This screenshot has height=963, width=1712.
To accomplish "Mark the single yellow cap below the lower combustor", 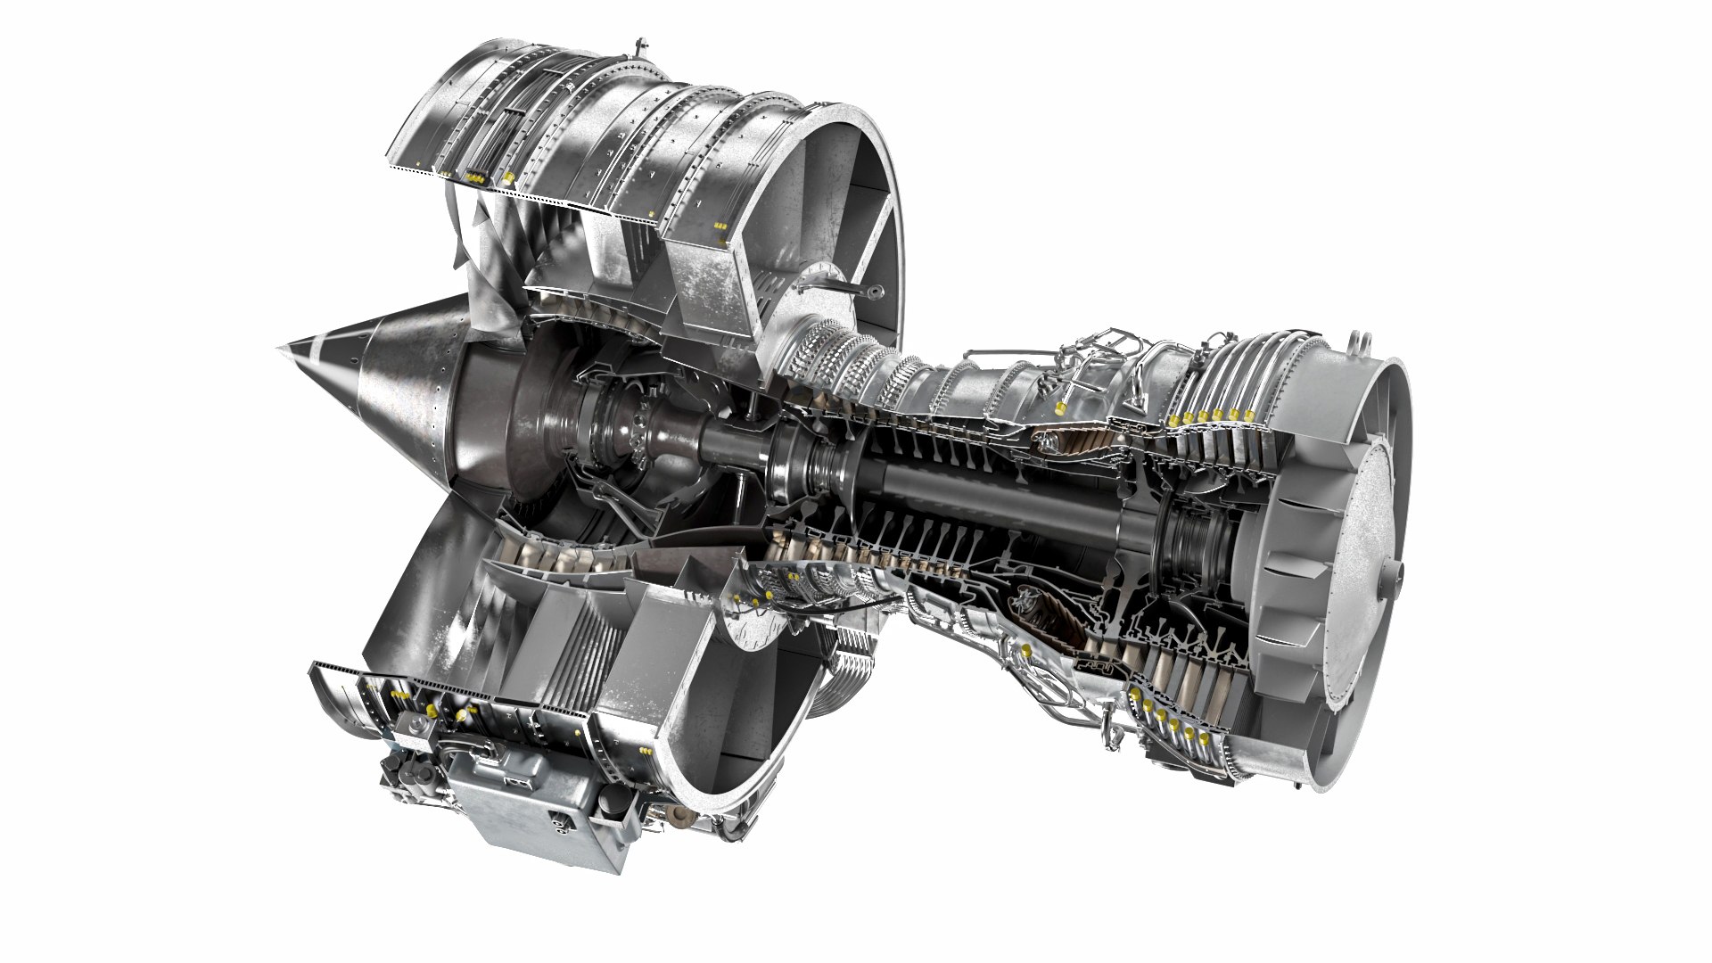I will click(x=1027, y=652).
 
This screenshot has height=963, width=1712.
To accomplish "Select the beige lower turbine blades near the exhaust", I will click(x=1186, y=687).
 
